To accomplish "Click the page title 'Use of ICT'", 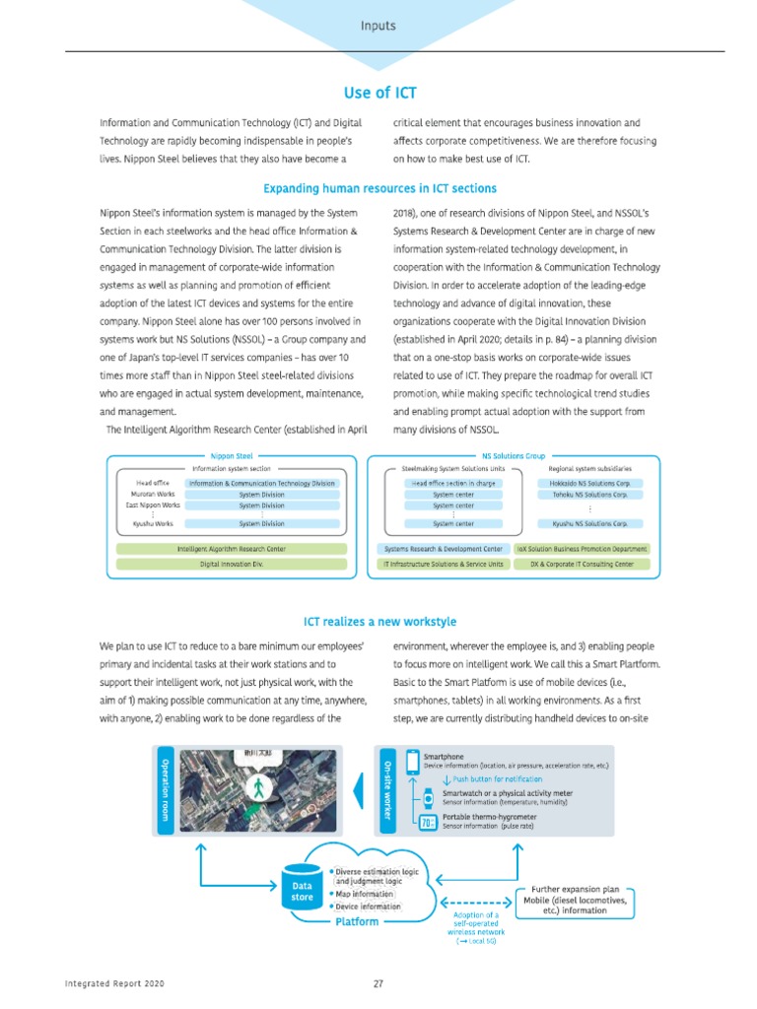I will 379,93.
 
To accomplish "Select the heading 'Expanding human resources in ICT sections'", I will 379,188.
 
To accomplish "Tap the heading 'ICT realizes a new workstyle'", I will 379,622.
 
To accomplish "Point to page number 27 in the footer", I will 378,983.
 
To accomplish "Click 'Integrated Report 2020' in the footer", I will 114,983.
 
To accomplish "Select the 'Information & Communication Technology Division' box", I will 262,484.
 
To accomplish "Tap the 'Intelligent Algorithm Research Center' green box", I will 232,548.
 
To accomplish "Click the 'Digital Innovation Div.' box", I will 232,564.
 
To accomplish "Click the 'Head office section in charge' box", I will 453,484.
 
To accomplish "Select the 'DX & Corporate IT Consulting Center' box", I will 583,564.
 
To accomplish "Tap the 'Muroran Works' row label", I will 154,495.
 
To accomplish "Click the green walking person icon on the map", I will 259,788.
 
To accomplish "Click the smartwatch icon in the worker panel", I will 428,798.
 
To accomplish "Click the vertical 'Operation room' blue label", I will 165,788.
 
